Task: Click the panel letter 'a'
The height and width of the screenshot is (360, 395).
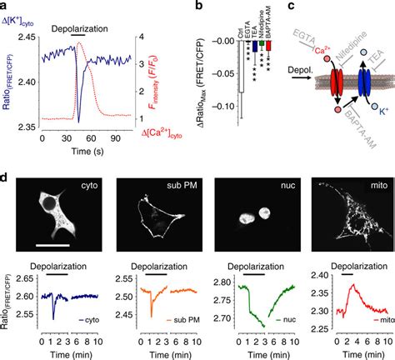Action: point(5,5)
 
